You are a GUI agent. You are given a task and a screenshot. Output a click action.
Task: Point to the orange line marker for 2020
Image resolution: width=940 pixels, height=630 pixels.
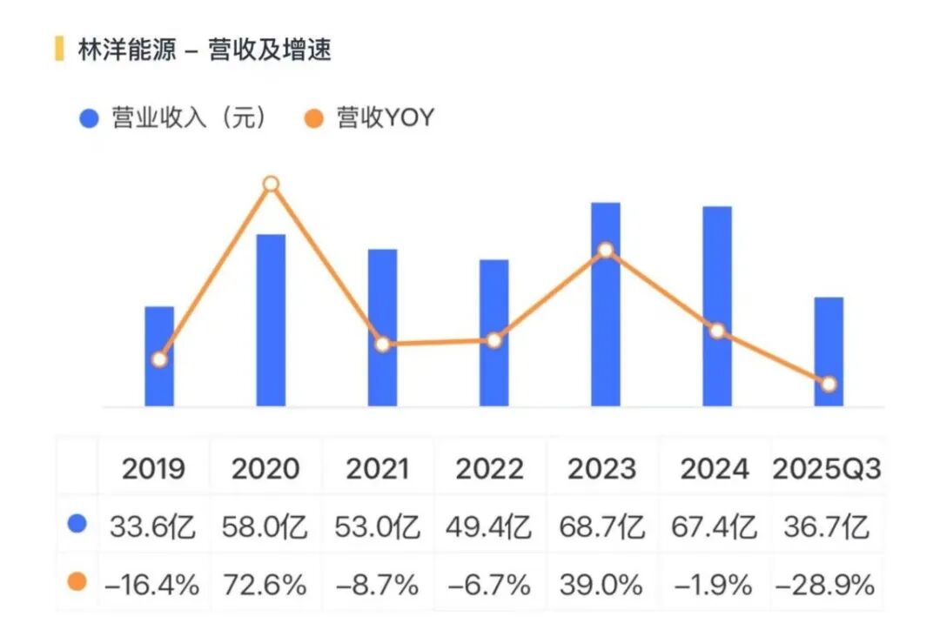271,184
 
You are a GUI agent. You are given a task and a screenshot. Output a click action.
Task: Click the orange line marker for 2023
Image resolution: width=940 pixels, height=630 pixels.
606,251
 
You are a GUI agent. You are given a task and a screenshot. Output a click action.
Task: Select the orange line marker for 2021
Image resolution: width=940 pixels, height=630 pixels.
382,344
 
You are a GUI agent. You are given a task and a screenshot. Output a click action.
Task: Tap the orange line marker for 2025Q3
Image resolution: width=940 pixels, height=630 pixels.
829,384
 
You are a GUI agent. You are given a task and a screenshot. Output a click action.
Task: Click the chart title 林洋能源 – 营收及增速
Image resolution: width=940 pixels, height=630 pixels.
205,50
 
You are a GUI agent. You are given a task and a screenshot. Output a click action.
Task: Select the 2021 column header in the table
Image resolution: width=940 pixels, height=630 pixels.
378,469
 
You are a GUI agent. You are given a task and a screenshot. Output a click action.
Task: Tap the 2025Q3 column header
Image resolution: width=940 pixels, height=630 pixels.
827,469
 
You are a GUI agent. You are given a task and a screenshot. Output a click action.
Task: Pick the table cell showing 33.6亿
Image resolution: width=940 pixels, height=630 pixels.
153,527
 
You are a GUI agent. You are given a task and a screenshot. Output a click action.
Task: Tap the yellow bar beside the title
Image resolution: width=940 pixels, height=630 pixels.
59,49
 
